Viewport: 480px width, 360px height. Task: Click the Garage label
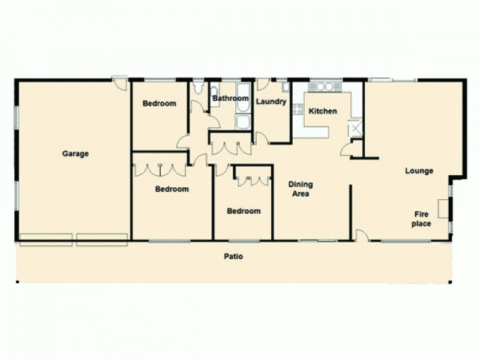[x=76, y=154]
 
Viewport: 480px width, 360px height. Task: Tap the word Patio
[x=233, y=256]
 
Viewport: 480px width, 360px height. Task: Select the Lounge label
[x=419, y=171]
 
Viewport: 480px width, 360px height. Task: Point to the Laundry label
[x=271, y=101]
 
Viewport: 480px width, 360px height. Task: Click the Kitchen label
[x=323, y=111]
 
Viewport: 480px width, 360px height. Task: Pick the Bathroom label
[x=230, y=98]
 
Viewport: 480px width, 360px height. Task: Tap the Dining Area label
[x=300, y=189]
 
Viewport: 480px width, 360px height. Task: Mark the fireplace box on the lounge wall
[x=442, y=209]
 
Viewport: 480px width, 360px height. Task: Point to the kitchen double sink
[x=325, y=87]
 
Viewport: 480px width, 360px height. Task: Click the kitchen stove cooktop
[x=297, y=109]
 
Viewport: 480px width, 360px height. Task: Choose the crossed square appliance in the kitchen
[x=355, y=128]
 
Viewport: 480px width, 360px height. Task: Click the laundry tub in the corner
[x=286, y=88]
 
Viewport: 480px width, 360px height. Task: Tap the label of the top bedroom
[x=159, y=103]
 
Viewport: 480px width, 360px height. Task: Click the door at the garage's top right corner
[x=121, y=83]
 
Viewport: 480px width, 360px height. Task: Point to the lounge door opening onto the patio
[x=362, y=235]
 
